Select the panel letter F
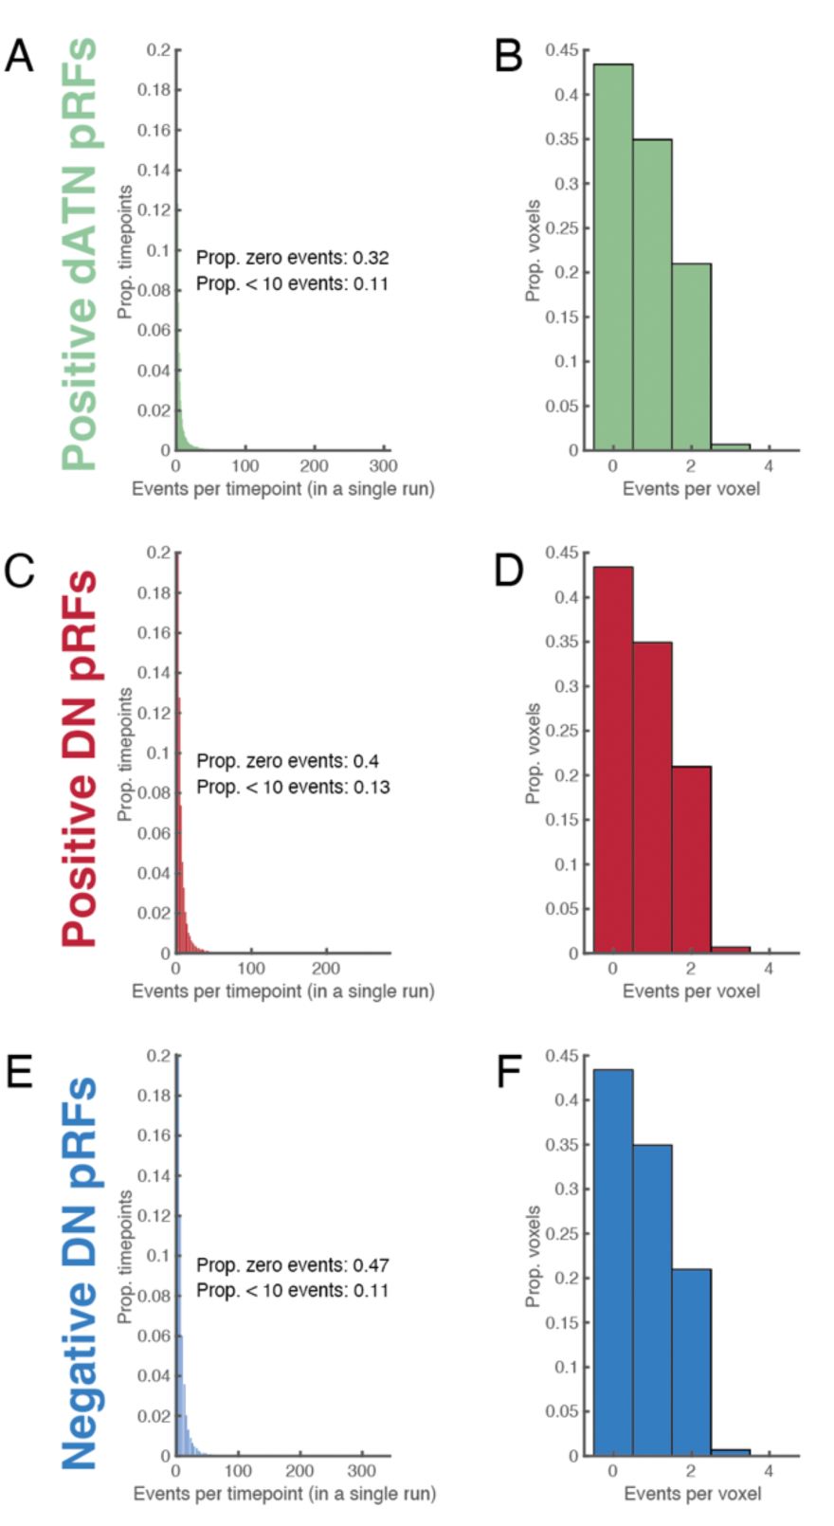(509, 1073)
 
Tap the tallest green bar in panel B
(612, 257)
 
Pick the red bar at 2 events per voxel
(691, 859)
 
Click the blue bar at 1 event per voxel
(652, 1299)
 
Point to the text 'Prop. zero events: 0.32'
(292, 258)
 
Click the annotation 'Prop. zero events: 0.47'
(292, 1264)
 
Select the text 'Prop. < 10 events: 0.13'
(292, 787)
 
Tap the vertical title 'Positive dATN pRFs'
(80, 253)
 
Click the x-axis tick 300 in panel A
(383, 466)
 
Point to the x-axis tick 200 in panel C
(326, 969)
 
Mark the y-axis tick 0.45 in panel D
(563, 553)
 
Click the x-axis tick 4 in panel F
(769, 1471)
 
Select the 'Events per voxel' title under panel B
(691, 489)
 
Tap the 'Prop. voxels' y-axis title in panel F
(533, 1257)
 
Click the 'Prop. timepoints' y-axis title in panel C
(124, 754)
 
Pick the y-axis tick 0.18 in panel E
(154, 1096)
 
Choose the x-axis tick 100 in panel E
(238, 1471)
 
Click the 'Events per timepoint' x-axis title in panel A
(282, 489)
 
